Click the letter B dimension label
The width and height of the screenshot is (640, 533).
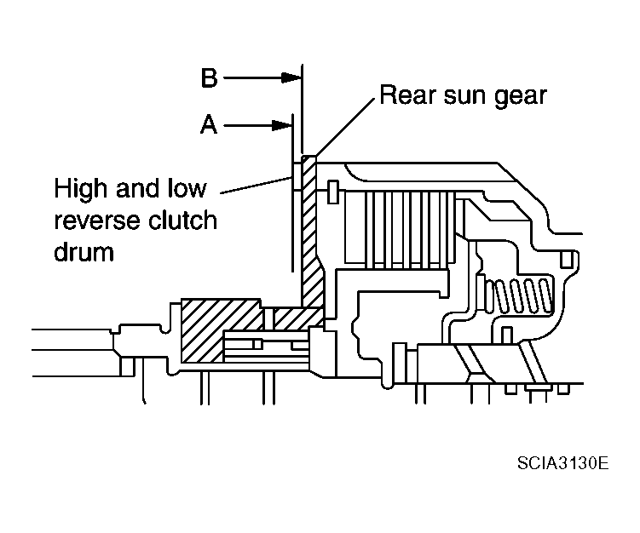click(209, 78)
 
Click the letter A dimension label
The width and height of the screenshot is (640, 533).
click(209, 126)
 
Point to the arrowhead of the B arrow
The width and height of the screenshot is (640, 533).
click(296, 78)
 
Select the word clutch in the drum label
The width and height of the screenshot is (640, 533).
click(183, 221)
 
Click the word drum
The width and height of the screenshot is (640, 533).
click(84, 253)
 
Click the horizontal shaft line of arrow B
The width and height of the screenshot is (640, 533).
click(256, 78)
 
